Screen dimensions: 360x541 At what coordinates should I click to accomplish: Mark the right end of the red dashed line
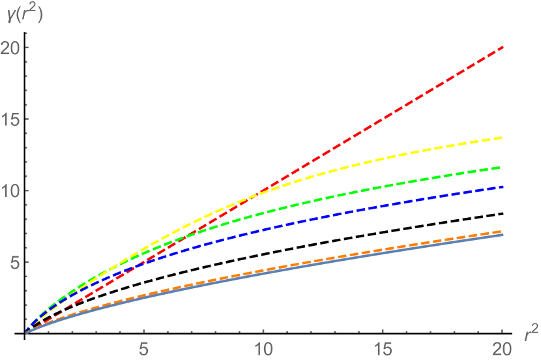point(503,47)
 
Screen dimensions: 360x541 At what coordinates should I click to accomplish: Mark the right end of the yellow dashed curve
point(503,138)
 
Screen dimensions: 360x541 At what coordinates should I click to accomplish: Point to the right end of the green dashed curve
point(503,168)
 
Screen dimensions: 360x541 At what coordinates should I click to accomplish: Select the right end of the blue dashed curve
point(503,187)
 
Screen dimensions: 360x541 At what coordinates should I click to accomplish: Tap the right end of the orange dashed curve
point(503,231)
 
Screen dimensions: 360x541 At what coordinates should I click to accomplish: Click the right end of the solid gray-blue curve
point(503,235)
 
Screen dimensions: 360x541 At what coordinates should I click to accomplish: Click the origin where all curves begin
point(26,333)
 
